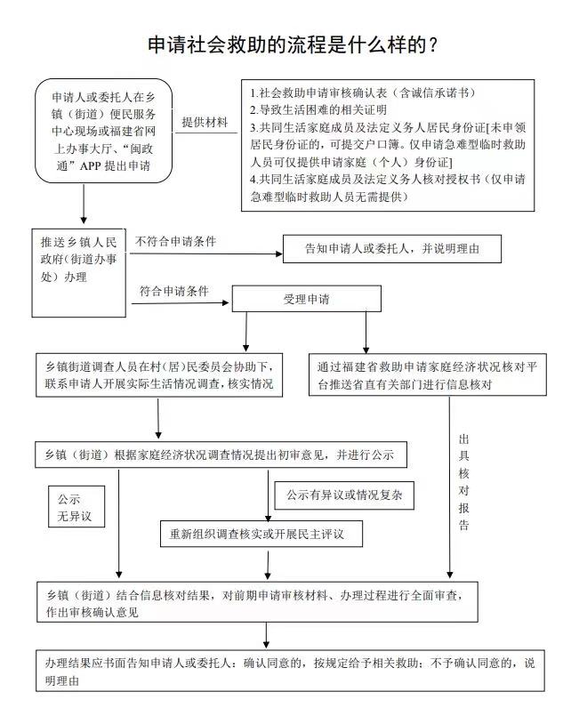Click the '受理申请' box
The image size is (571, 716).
click(x=306, y=299)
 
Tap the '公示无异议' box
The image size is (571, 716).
click(x=76, y=507)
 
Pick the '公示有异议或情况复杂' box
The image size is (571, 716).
click(x=344, y=495)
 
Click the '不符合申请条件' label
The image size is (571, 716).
click(x=176, y=241)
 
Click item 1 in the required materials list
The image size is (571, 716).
click(x=362, y=93)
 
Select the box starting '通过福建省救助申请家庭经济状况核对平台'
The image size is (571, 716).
click(x=425, y=375)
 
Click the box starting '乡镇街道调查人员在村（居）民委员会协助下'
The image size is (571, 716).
click(x=158, y=375)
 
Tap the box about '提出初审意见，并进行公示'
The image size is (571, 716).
click(x=221, y=455)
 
